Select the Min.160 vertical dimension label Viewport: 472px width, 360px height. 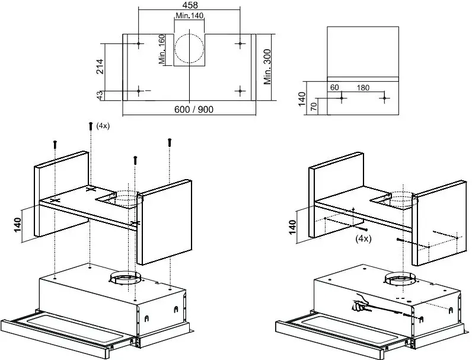(162, 49)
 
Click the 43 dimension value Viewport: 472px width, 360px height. (99, 94)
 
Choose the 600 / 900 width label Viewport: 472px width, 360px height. (189, 110)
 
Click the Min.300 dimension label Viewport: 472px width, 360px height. (267, 67)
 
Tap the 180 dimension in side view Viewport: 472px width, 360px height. (362, 88)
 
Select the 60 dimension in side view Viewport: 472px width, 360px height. (334, 88)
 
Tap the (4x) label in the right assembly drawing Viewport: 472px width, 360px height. (363, 239)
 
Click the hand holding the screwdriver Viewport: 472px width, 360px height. (358, 305)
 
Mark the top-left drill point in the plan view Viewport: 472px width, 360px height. (138, 44)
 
